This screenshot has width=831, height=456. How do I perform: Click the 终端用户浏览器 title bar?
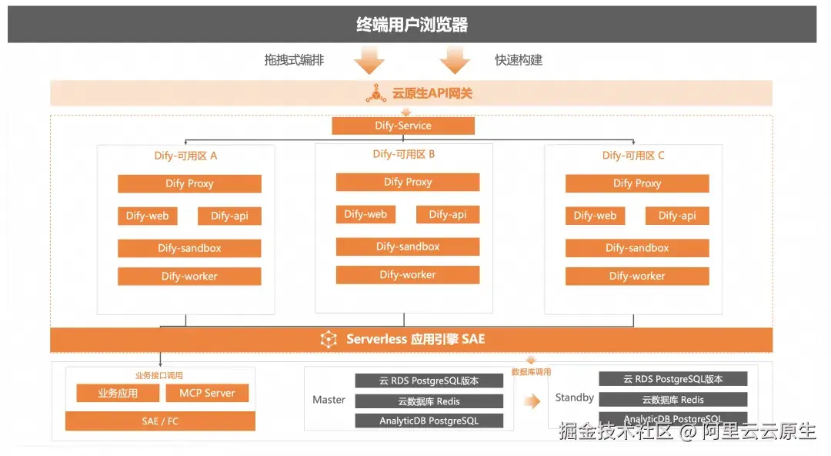click(x=412, y=25)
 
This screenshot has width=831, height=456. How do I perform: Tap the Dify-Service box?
click(x=403, y=126)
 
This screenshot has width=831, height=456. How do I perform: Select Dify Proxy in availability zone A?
click(x=189, y=184)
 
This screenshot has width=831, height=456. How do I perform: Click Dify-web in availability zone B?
click(x=365, y=215)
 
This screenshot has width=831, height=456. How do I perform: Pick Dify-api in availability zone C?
click(x=677, y=216)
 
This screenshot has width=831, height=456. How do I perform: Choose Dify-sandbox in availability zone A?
click(x=189, y=248)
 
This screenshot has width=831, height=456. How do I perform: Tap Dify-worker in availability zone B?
click(x=408, y=275)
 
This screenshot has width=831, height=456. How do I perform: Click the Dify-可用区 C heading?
click(x=633, y=156)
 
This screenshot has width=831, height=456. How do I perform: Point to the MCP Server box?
click(x=208, y=394)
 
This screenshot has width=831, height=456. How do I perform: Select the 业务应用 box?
click(x=118, y=394)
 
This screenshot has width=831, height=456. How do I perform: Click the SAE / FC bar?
click(x=160, y=421)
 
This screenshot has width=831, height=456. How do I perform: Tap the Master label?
click(x=329, y=400)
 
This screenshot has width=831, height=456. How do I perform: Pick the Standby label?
click(x=575, y=397)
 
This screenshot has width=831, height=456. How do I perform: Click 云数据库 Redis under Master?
click(x=429, y=401)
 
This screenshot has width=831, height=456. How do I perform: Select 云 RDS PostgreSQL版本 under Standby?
click(x=673, y=379)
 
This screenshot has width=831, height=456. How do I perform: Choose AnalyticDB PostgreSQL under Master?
click(x=429, y=421)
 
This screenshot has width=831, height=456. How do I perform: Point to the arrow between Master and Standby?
click(x=532, y=401)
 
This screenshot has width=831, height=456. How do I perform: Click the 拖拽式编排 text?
click(x=294, y=60)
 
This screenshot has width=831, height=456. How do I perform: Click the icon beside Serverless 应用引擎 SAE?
click(x=329, y=340)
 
